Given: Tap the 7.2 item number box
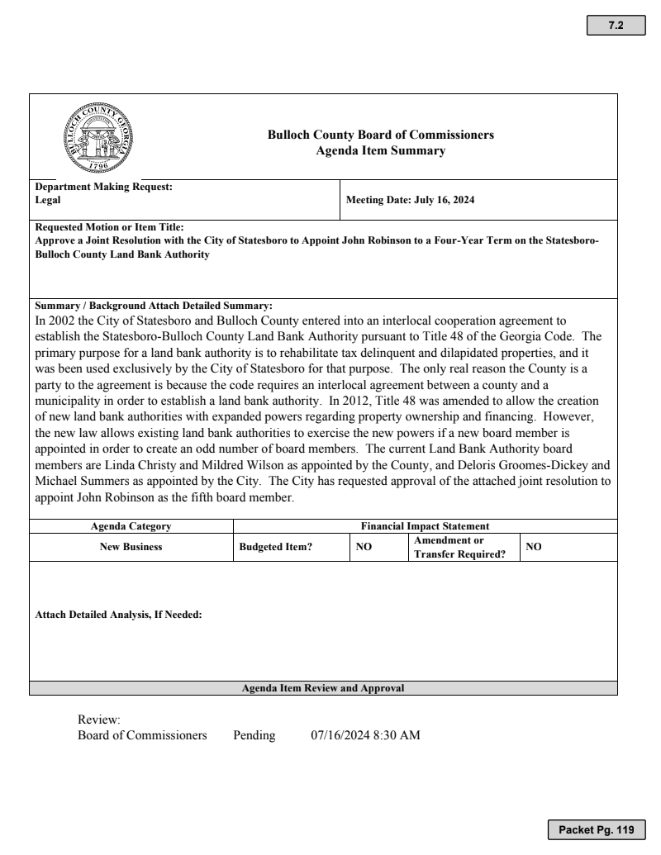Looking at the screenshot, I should click(616, 26).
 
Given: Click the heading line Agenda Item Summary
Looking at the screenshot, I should click(381, 150).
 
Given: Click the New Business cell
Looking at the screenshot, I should click(131, 547).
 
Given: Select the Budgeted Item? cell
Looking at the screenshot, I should click(275, 547).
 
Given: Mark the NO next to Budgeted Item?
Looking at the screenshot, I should click(364, 547).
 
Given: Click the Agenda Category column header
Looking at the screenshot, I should click(131, 525).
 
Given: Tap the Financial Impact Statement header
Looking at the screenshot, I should click(426, 525).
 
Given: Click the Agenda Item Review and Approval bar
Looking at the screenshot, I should click(323, 687).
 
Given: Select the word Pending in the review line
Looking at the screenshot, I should click(254, 735).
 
